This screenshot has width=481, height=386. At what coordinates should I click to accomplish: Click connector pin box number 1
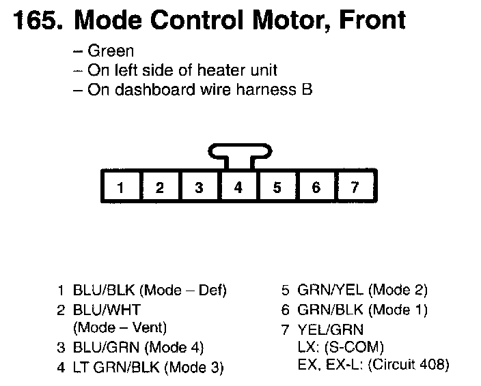click(x=121, y=187)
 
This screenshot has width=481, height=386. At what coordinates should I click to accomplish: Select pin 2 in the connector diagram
click(x=160, y=187)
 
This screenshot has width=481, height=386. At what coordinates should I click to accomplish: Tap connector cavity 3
click(x=199, y=187)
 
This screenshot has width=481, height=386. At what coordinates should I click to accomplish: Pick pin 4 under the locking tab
click(x=238, y=187)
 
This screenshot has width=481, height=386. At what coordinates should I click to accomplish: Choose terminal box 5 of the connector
click(x=277, y=187)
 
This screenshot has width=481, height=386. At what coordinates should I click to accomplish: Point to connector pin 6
click(x=316, y=187)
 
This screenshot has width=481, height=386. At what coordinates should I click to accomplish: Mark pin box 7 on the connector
click(x=355, y=187)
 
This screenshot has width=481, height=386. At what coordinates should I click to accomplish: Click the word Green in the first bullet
click(x=111, y=52)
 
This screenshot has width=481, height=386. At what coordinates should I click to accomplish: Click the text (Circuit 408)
click(x=409, y=364)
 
